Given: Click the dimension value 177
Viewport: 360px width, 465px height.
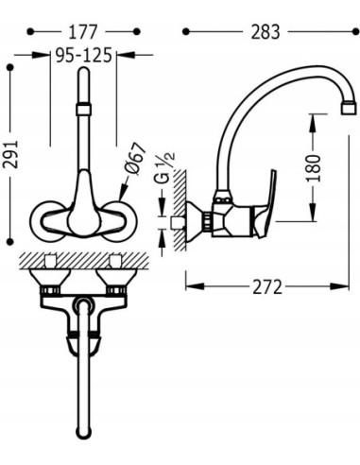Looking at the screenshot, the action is pos(83,32).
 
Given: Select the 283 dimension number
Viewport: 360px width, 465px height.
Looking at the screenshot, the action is pos(266,32).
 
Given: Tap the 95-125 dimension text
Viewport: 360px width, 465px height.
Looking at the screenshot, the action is pos(84,55).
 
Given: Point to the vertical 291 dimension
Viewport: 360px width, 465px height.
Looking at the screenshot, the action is pos(10,154).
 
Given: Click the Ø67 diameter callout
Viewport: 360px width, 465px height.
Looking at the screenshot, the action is pos(135,159).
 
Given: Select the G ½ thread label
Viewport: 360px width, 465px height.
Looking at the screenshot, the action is pos(163,168).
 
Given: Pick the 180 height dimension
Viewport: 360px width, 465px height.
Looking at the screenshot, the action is pos(313,167).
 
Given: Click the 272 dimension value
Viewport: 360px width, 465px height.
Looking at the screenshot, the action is pos(267,287).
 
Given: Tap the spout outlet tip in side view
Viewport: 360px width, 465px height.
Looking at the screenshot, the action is pos(350,109).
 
